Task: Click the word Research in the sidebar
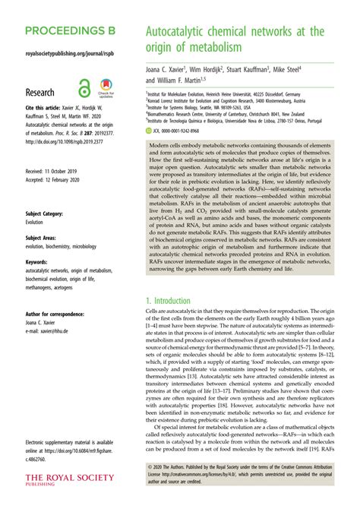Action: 45,93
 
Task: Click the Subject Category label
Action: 47,214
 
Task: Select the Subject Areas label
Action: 43,238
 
